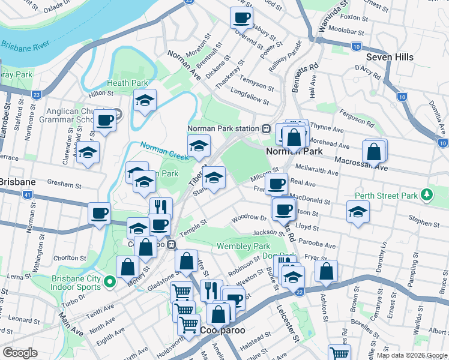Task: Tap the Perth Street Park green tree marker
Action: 427,194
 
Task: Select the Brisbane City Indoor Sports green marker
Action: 110,281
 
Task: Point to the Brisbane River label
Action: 25,46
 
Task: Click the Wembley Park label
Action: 243,246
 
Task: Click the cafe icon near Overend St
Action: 241,17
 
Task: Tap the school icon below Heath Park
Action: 145,101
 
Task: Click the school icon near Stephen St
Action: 358,212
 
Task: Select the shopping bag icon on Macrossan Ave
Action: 374,152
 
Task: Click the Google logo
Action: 20,353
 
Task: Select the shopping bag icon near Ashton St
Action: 326,271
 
